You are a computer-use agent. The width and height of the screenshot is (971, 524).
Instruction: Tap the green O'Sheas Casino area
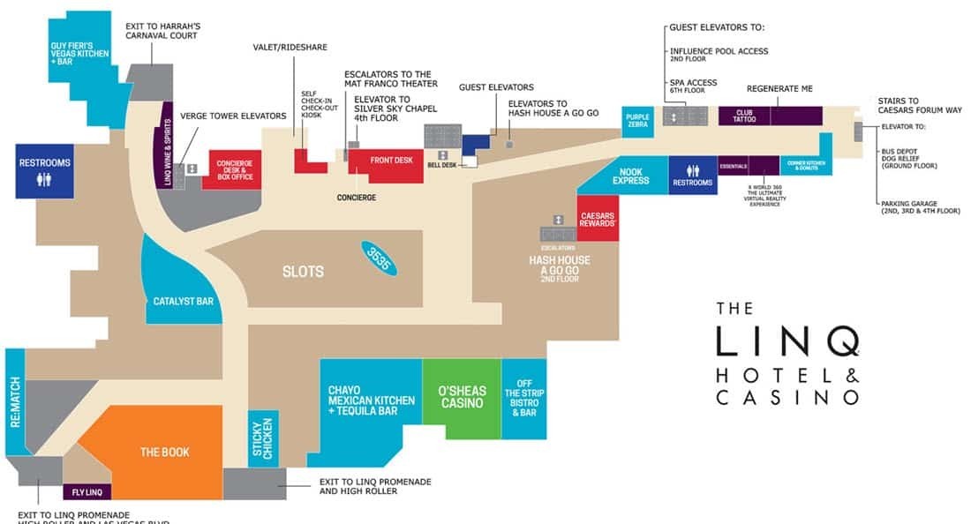click(462, 397)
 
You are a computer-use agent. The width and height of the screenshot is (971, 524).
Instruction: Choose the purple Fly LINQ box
click(87, 492)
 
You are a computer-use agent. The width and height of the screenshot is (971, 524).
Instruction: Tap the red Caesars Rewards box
click(598, 219)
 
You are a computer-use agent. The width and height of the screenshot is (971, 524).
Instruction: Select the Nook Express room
click(630, 176)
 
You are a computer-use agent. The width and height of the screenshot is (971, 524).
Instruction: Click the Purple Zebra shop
click(637, 119)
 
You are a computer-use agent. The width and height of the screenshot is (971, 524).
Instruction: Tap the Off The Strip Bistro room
click(523, 399)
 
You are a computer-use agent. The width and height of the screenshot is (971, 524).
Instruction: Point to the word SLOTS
click(303, 272)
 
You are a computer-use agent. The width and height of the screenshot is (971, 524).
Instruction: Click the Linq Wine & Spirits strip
click(167, 141)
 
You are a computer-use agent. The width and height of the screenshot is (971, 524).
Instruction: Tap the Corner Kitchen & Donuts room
click(805, 164)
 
